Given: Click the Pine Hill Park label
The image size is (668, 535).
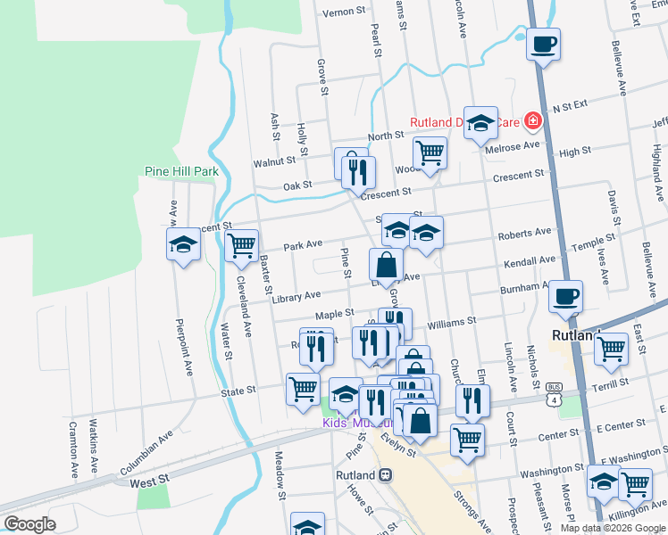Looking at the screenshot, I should point(181,171).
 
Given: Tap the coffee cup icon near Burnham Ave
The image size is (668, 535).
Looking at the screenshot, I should point(564,296).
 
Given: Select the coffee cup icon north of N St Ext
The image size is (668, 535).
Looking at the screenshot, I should point(543,44).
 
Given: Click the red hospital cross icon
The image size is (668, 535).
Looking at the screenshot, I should point(533,119).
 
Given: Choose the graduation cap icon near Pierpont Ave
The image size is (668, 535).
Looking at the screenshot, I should point(182,244).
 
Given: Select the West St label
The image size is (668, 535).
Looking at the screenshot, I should point(149,481).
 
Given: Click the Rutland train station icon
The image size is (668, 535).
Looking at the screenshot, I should point(386,475).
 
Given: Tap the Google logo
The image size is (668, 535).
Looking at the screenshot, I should point(29,524).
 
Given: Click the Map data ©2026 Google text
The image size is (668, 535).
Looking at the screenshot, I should point(613,527).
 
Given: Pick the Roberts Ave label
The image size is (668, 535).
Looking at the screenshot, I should point(524,233).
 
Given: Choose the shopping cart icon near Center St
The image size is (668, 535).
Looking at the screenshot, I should point(466,439).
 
